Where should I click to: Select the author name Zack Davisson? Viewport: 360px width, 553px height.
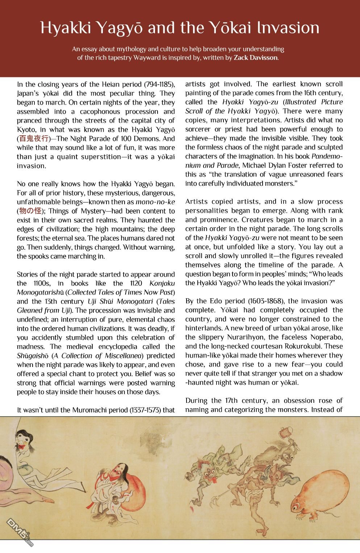tap(256, 58)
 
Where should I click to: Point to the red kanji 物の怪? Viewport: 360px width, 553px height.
tap(30, 211)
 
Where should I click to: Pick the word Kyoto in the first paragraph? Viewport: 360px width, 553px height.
tap(26, 130)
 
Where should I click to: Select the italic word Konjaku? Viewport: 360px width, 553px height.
tap(162, 283)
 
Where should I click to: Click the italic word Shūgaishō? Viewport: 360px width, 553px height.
tap(33, 356)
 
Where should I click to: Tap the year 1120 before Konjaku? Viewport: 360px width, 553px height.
tap(137, 283)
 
